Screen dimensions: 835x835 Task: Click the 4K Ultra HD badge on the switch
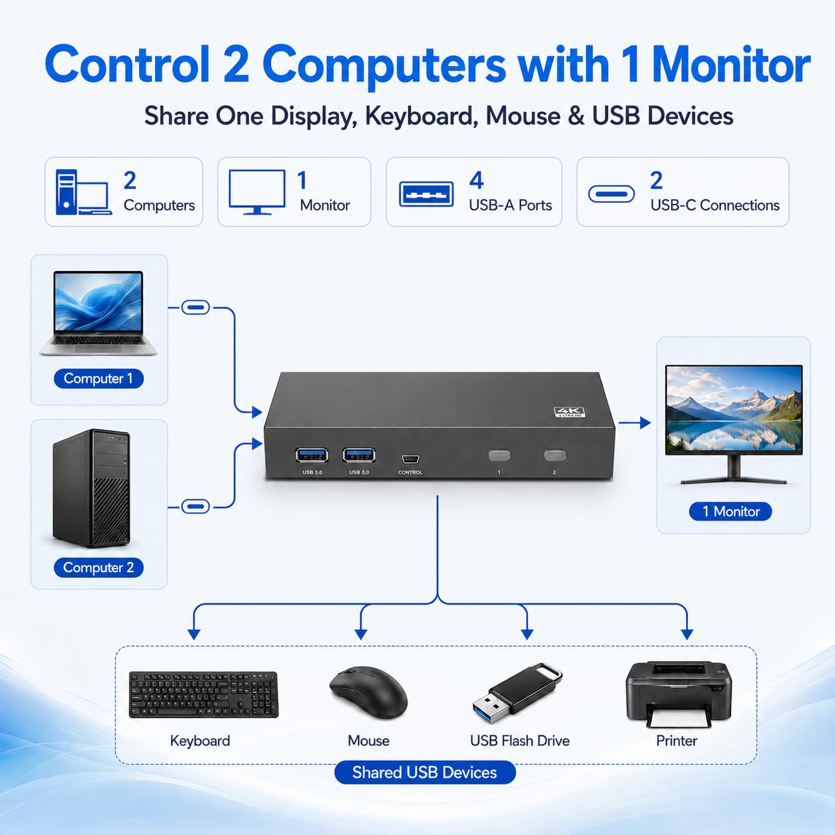569,412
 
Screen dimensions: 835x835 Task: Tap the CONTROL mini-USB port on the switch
410,459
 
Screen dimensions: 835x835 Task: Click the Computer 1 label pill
99,379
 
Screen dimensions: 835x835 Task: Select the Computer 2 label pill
99,567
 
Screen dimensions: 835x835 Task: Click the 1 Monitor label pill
730,512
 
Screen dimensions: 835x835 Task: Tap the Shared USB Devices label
425,772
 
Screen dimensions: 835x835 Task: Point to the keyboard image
204,695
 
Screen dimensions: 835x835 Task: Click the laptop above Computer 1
99,313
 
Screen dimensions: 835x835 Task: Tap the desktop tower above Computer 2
91,488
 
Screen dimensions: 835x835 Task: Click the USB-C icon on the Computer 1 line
195,308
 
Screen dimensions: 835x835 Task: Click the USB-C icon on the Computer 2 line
195,506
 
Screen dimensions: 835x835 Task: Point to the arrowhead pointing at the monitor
645,422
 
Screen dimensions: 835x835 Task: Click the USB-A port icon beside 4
426,194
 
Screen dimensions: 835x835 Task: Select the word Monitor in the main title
731,65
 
